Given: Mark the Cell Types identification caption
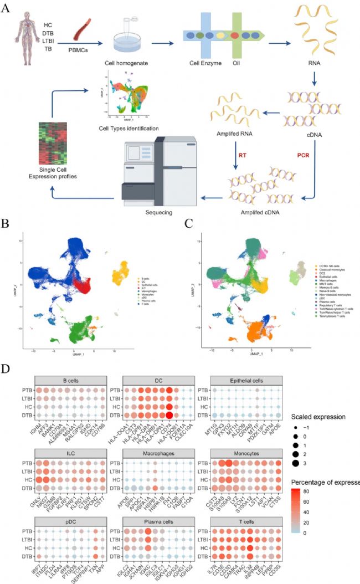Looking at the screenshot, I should [128, 129].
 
